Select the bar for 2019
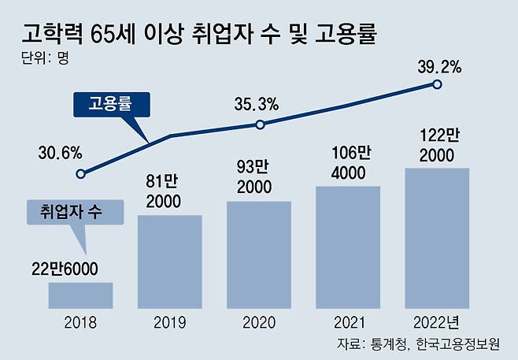169,261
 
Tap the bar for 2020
258,254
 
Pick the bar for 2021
348,247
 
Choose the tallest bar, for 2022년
437,237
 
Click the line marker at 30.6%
86,173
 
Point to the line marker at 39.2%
438,84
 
